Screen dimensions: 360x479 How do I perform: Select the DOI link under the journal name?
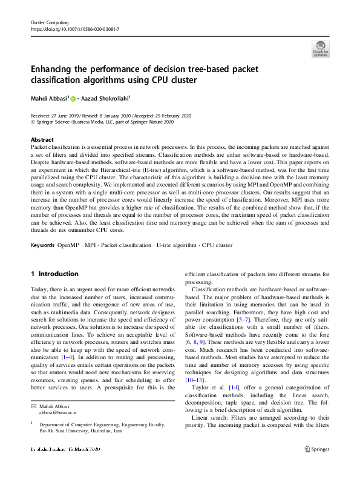point(74,28)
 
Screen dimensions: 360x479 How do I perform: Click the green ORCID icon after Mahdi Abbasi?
point(73,98)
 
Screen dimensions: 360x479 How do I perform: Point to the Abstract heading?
point(42,139)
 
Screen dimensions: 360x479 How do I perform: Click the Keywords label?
point(42,262)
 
